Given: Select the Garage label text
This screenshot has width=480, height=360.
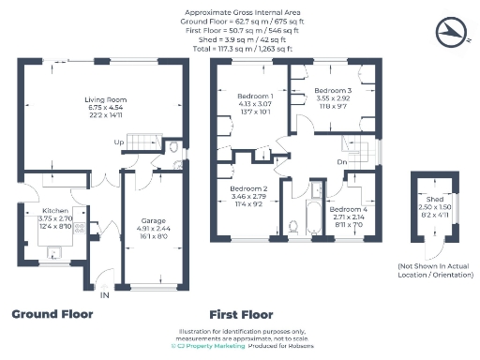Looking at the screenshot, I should coord(153,220).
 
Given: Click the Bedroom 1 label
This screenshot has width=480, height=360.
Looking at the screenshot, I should coord(255,97).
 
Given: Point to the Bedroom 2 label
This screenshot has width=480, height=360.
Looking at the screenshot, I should coord(249,188).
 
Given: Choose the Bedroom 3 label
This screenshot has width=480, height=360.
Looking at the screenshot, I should coord(333,90).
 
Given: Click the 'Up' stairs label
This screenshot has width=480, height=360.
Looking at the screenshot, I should coord(118,142).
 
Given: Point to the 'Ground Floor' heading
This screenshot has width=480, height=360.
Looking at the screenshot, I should coord(52,314).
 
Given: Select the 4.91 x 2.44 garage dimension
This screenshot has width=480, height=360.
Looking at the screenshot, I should coord(153,228).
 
